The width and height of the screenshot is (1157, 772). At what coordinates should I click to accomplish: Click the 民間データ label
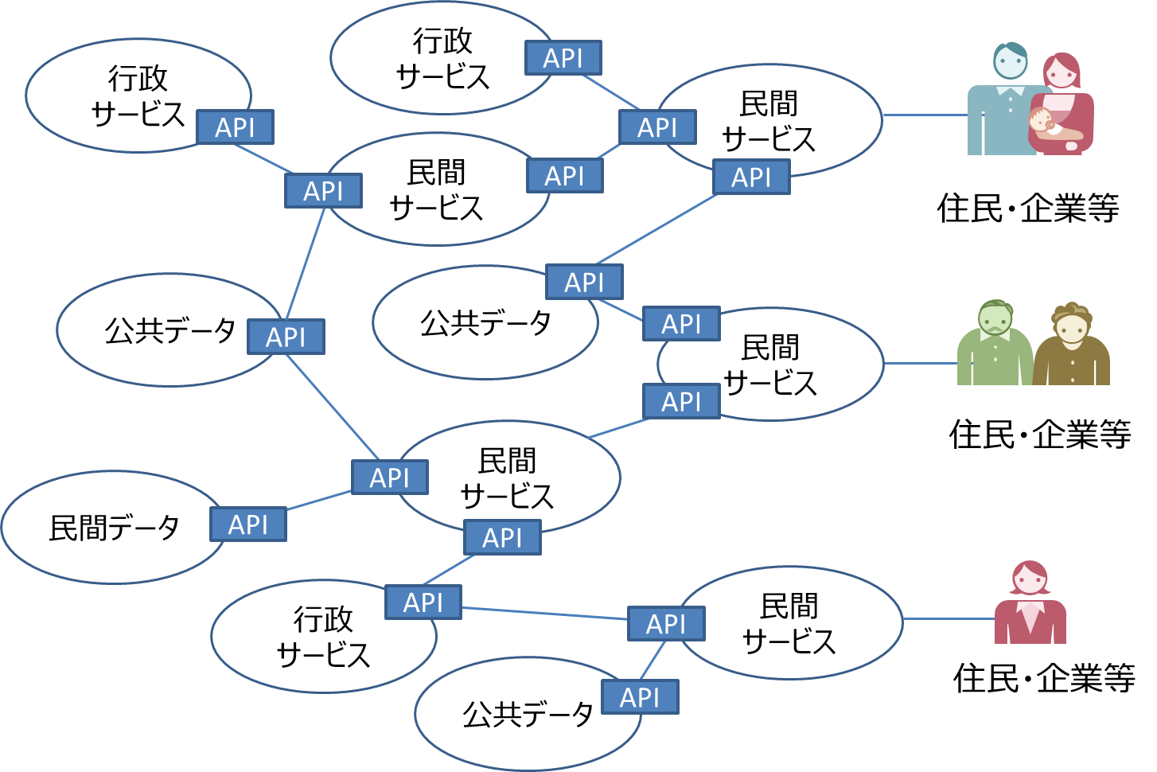[x=114, y=528]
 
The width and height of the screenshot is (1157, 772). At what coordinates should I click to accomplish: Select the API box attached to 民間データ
[x=248, y=524]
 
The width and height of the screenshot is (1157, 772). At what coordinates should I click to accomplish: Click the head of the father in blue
[x=1010, y=61]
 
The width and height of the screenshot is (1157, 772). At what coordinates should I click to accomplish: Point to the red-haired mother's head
[x=1062, y=71]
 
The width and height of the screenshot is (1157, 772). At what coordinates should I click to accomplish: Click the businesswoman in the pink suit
[x=1030, y=604]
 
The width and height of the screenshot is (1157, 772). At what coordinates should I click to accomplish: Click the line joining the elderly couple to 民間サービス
[x=920, y=363]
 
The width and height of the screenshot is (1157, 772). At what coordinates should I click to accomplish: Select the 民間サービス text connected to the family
[x=769, y=121]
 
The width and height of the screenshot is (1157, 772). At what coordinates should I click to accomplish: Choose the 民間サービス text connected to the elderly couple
[x=770, y=365]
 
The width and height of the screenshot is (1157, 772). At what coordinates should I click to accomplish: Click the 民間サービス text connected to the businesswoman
[x=789, y=623]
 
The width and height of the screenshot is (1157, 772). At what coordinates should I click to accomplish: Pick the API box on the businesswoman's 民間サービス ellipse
[x=666, y=624]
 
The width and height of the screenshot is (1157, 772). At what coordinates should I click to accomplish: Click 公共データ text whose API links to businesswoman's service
[x=528, y=714]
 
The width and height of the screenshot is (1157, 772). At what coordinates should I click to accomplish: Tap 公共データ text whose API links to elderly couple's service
[x=485, y=322]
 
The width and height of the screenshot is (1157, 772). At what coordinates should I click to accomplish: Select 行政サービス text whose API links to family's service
[x=442, y=58]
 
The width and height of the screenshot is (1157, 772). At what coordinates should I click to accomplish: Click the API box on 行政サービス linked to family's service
[x=563, y=58]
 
